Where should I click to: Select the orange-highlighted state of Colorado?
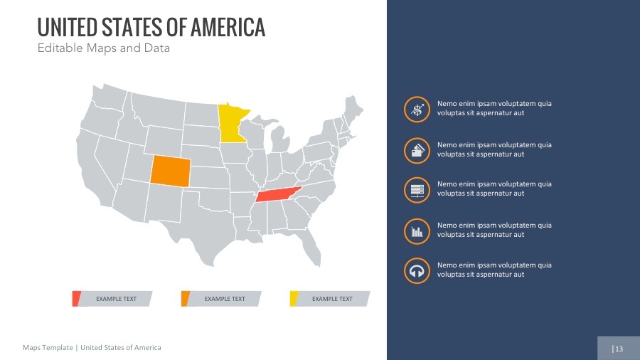170,171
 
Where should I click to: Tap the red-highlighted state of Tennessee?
278,196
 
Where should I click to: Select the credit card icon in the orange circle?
417,149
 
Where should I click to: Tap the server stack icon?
417,189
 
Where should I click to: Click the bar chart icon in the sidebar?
417,231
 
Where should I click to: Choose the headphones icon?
417,270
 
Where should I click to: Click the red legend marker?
76,299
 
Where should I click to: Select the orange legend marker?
185,299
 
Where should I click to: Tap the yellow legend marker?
293,299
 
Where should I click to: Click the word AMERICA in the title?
226,28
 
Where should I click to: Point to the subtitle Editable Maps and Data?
104,49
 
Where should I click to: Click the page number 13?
619,349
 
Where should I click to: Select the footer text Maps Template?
48,348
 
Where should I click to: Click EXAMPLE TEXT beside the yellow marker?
332,299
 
